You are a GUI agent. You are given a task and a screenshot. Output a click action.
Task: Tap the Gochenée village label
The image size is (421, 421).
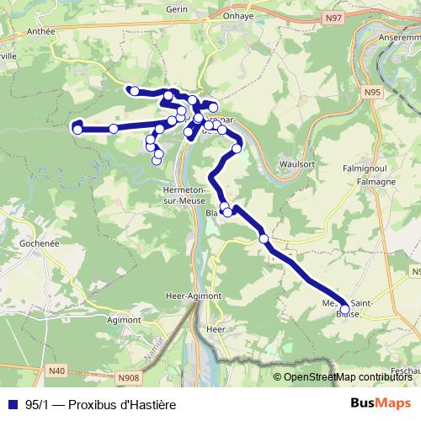(35, 241)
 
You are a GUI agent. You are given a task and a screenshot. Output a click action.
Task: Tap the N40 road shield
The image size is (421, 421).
(56, 370)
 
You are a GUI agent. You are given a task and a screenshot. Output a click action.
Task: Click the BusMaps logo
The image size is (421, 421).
(381, 404)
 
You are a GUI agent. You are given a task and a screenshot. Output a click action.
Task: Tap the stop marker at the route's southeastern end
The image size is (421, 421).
(344, 309)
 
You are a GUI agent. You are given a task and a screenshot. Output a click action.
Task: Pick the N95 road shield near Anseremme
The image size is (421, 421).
(372, 90)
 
